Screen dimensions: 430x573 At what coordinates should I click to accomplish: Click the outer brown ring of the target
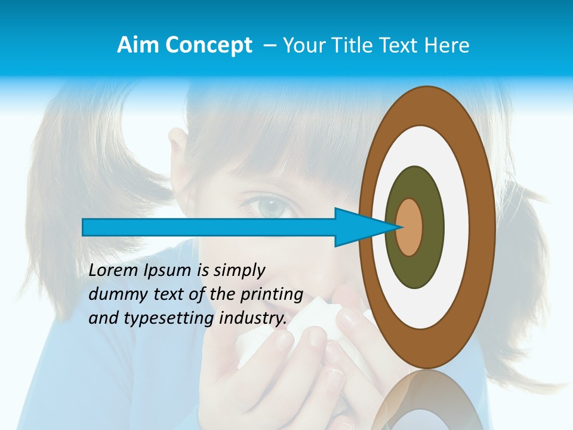[483, 227]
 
